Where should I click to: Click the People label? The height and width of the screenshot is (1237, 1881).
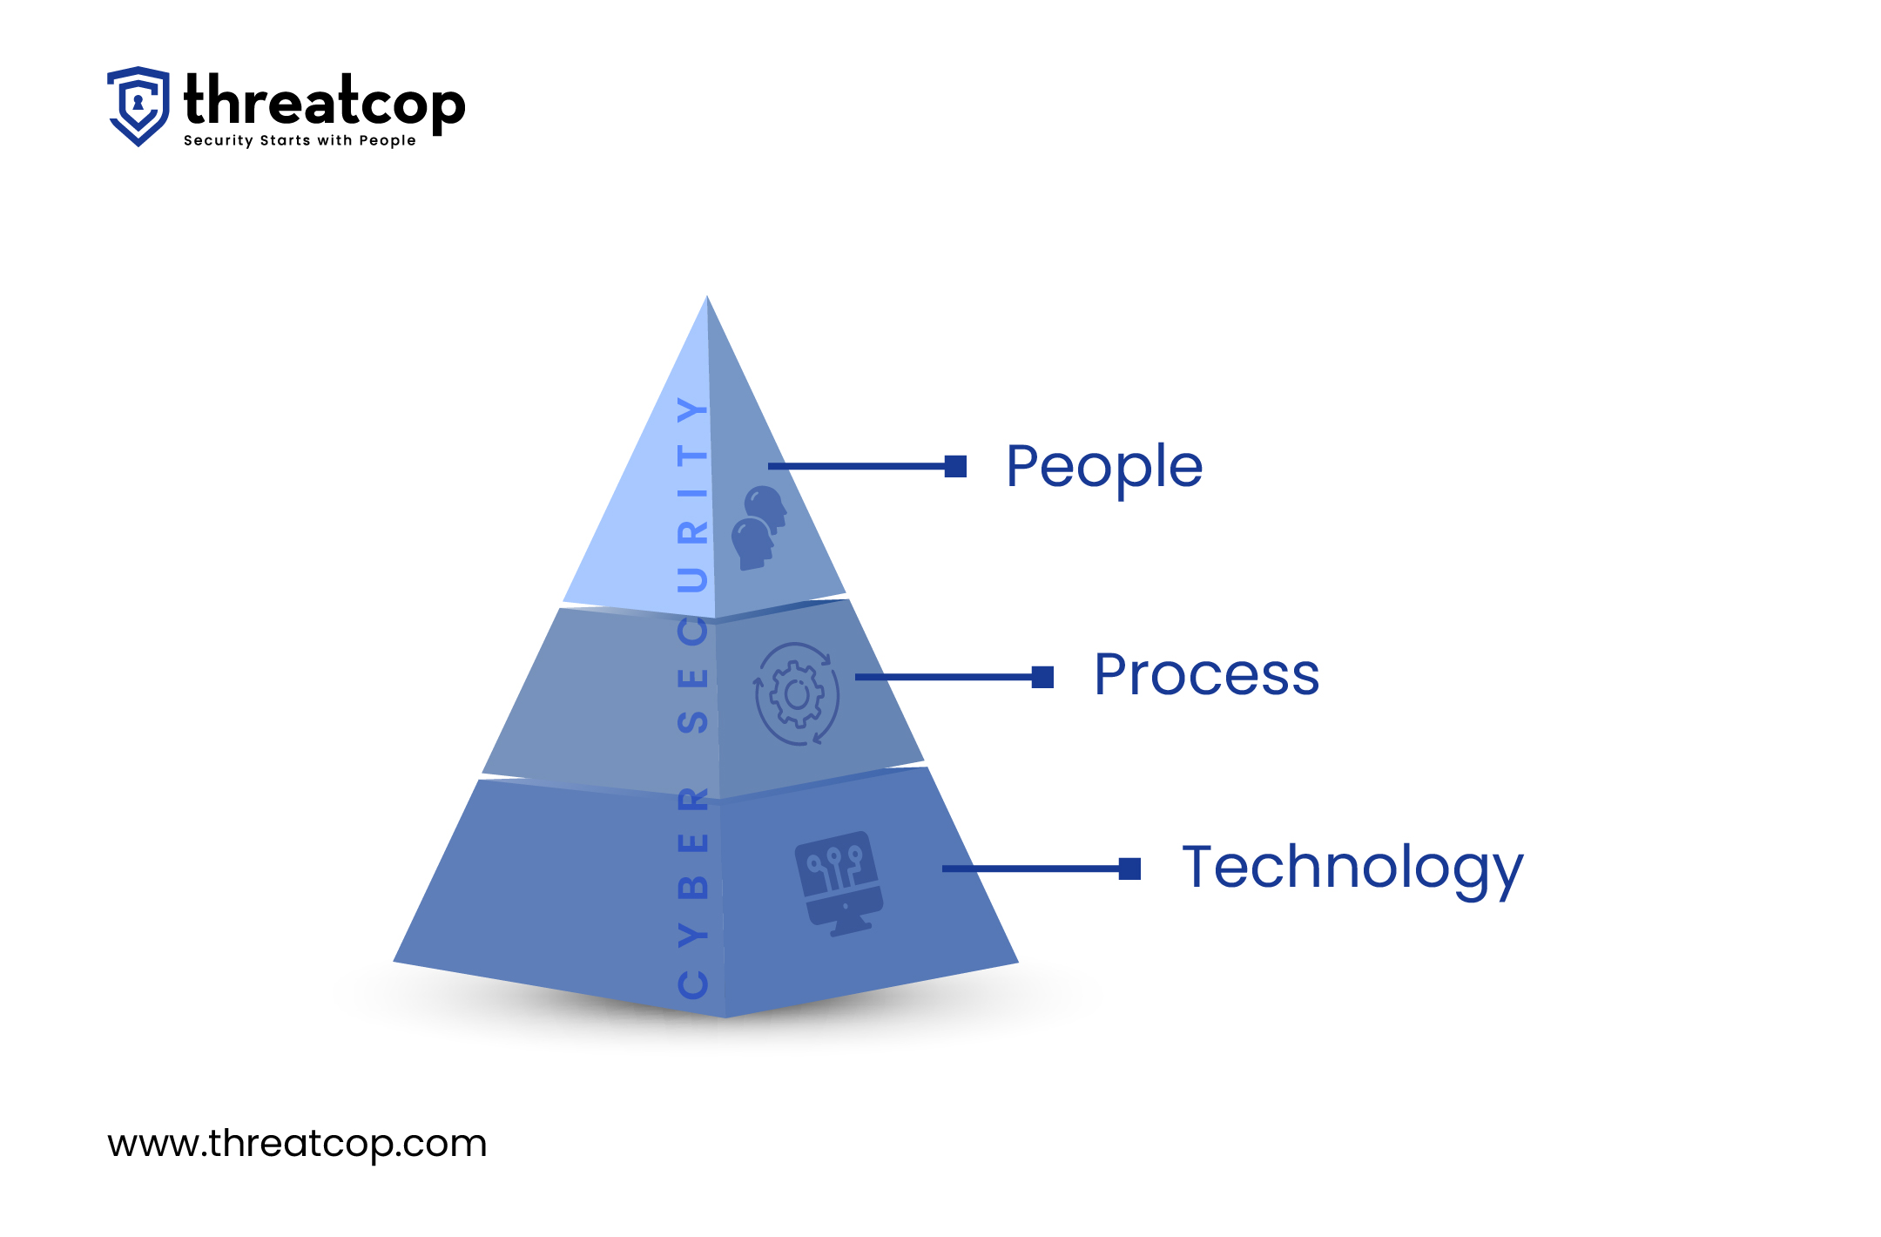[1104, 468]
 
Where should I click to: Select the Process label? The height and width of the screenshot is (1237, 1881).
[1206, 675]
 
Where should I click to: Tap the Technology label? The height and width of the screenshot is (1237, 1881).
[1352, 869]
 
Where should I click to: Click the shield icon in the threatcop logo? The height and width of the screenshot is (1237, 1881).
[138, 105]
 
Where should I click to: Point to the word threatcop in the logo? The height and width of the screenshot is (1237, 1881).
[324, 102]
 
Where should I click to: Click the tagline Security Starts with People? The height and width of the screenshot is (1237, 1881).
[300, 141]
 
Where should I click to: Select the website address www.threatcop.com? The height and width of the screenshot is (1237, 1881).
[297, 1143]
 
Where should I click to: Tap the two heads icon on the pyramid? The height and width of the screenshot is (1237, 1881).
[758, 528]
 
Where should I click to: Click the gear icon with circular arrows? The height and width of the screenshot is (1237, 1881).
[796, 694]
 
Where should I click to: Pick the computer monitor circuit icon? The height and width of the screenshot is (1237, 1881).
[839, 882]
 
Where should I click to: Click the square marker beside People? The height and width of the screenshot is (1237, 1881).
[956, 467]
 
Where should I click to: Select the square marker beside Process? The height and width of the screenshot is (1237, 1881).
[1042, 677]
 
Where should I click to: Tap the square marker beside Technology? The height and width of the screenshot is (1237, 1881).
[1129, 869]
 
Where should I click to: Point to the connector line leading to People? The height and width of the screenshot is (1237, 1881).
[858, 467]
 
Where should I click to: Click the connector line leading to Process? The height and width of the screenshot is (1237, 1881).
[944, 677]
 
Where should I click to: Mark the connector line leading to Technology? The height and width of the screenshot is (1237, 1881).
[1031, 869]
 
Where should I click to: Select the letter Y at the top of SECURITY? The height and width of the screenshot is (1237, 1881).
[692, 409]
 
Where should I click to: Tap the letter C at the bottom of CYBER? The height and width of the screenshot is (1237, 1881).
[693, 984]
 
